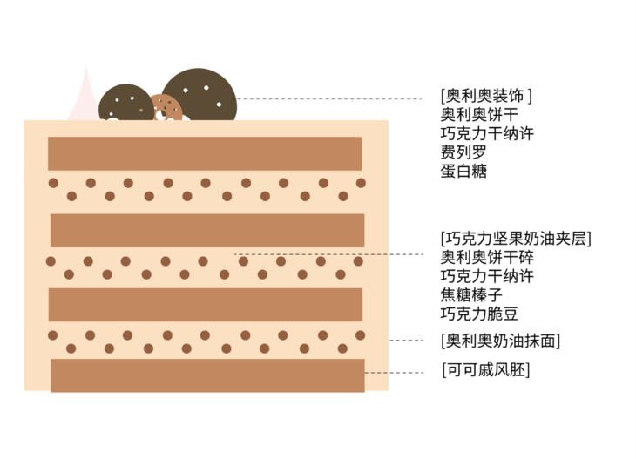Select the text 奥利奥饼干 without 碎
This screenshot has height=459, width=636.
pyautogui.click(x=480, y=114)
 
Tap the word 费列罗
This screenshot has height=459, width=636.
pyautogui.click(x=463, y=152)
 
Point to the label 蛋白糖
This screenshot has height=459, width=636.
pyautogui.click(x=463, y=172)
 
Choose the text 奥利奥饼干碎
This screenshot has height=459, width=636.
pyautogui.click(x=487, y=258)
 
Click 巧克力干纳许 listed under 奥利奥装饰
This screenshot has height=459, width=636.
pyautogui.click(x=487, y=133)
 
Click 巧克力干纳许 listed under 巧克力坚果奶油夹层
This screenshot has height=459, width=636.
pyautogui.click(x=487, y=277)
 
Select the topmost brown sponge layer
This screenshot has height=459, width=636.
pyautogui.click(x=205, y=153)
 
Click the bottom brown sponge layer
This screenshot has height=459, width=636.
pyautogui.click(x=207, y=375)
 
